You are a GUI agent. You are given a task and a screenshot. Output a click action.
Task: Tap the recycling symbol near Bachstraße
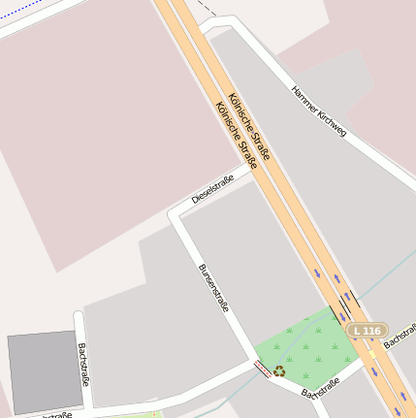[279, 370]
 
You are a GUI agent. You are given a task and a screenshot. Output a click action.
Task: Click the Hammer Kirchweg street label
[319, 111]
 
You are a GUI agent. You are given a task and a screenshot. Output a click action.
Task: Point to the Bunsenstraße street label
[213, 288]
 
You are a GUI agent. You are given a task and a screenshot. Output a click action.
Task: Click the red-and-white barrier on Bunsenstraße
[262, 368]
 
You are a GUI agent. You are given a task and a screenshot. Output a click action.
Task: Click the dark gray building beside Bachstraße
[45, 370]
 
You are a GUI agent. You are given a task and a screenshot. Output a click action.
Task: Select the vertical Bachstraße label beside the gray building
[84, 365]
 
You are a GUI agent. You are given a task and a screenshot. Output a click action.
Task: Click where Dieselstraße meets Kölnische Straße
[254, 170]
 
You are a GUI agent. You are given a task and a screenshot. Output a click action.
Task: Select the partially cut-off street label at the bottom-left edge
[54, 414]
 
